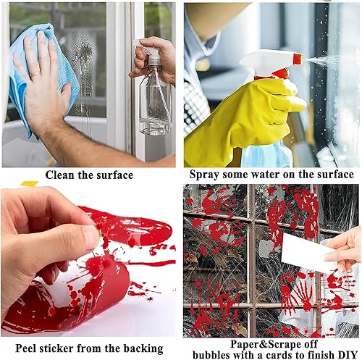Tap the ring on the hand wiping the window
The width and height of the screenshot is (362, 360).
click(35, 75)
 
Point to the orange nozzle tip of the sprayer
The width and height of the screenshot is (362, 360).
click(297, 58)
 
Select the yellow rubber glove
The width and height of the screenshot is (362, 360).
click(244, 121)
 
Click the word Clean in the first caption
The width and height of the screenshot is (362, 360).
click(60, 175)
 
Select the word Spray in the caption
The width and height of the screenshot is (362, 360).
click(204, 175)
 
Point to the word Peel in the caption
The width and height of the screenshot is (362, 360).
click(26, 348)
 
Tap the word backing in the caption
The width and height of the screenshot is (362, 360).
click(143, 348)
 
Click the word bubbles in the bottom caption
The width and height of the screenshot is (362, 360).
click(211, 355)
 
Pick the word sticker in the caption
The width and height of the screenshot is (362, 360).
click(56, 348)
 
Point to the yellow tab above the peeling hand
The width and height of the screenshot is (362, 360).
click(29, 184)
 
